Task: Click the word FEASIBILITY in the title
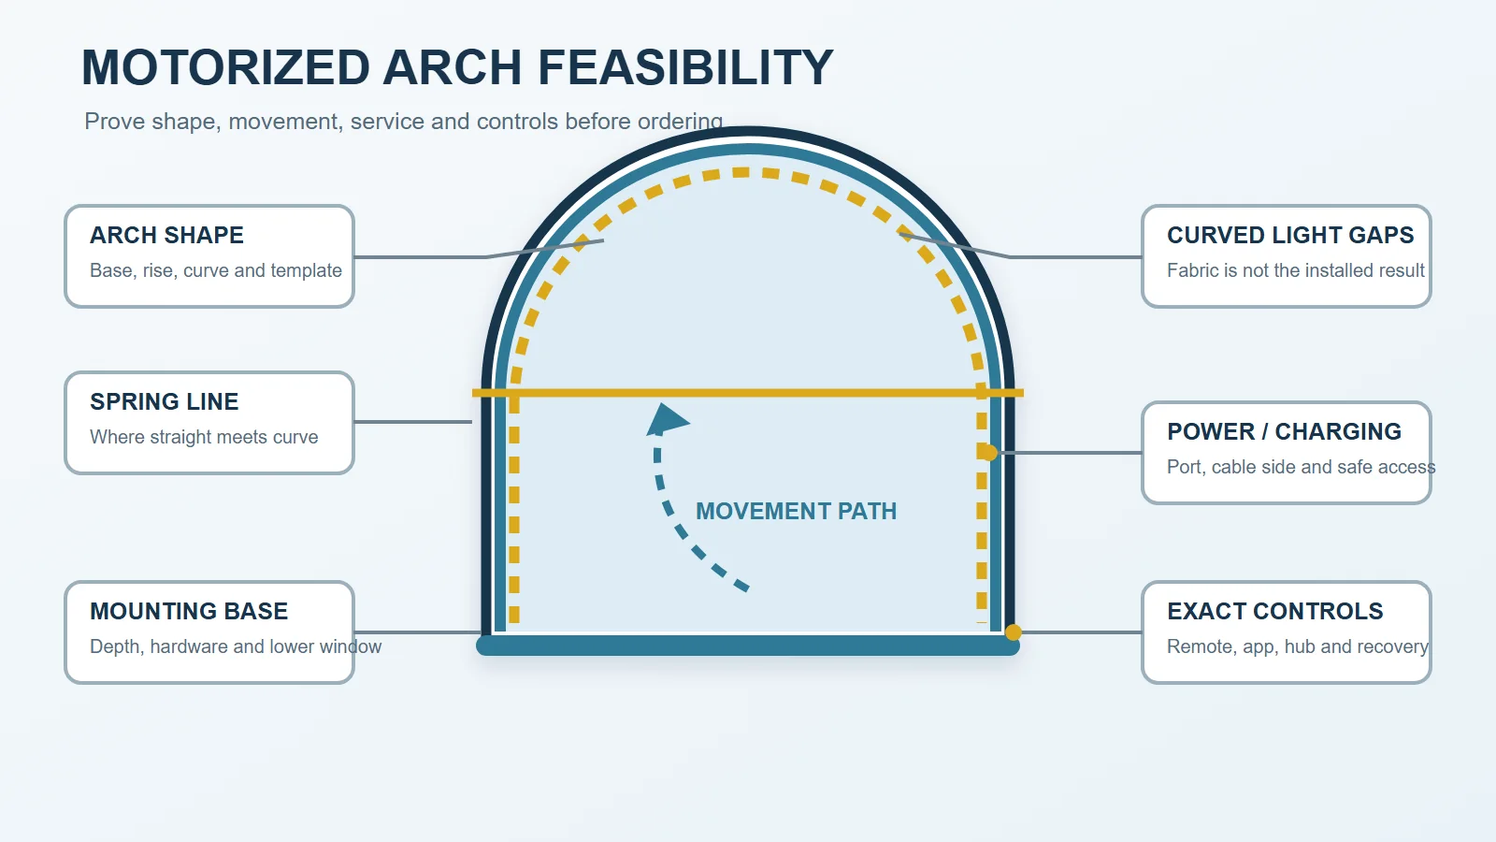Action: click(x=685, y=67)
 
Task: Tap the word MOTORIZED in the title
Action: click(x=225, y=67)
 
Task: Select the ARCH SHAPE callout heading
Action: click(x=167, y=235)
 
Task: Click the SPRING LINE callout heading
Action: click(x=165, y=401)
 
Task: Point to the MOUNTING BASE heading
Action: click(x=189, y=612)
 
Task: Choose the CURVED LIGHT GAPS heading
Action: click(x=1290, y=235)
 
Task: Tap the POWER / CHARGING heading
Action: click(x=1285, y=431)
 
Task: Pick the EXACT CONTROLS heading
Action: click(x=1275, y=612)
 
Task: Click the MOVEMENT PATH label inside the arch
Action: click(x=796, y=511)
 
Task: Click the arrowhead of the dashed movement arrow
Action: click(x=667, y=420)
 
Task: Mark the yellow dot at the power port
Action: click(x=989, y=453)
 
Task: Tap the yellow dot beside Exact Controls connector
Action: click(x=1014, y=632)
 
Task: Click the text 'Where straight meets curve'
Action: click(x=204, y=437)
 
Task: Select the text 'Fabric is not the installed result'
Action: click(x=1296, y=270)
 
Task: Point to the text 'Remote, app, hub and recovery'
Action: click(x=1298, y=646)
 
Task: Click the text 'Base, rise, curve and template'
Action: click(x=216, y=270)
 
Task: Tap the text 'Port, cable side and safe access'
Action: click(x=1301, y=467)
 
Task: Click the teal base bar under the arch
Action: click(x=748, y=646)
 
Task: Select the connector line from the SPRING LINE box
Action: click(x=412, y=422)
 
